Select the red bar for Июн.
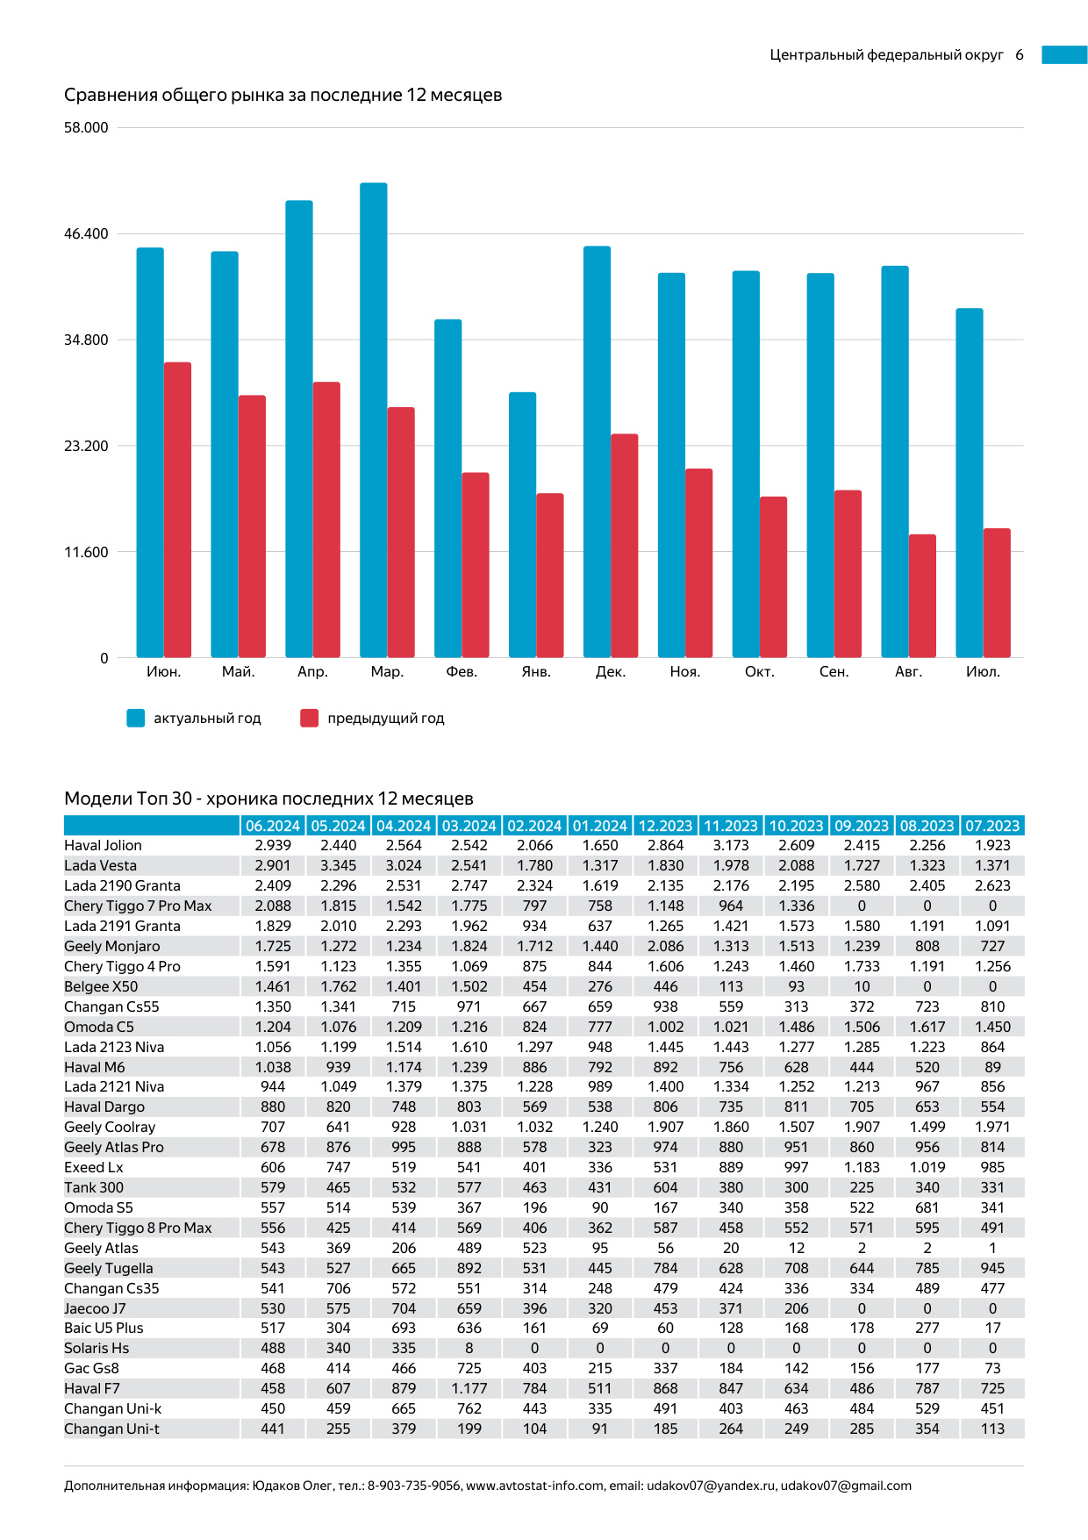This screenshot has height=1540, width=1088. pos(177,509)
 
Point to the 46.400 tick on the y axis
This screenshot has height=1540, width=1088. pos(86,233)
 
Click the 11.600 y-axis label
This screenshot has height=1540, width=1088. pos(86,552)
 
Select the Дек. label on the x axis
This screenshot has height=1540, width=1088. pos(611,671)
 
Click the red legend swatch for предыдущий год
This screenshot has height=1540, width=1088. pos(309,718)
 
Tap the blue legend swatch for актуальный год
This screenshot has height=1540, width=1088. pos(135,718)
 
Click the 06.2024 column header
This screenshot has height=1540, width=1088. pos(273,826)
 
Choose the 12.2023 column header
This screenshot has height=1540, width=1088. pos(665,826)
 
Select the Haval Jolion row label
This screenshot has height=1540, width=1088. pos(103,845)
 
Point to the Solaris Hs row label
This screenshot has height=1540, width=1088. pos(97,1348)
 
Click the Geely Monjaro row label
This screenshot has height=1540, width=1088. pos(112,946)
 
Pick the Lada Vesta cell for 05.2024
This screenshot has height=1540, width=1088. pos(338,865)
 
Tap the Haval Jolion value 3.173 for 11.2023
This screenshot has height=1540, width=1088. pos(731,845)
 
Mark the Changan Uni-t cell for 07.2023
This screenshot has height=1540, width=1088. pos(992,1429)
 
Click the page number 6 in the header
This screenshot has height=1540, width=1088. pos(1020,54)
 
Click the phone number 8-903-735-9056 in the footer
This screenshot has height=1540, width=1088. pos(413,1486)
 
